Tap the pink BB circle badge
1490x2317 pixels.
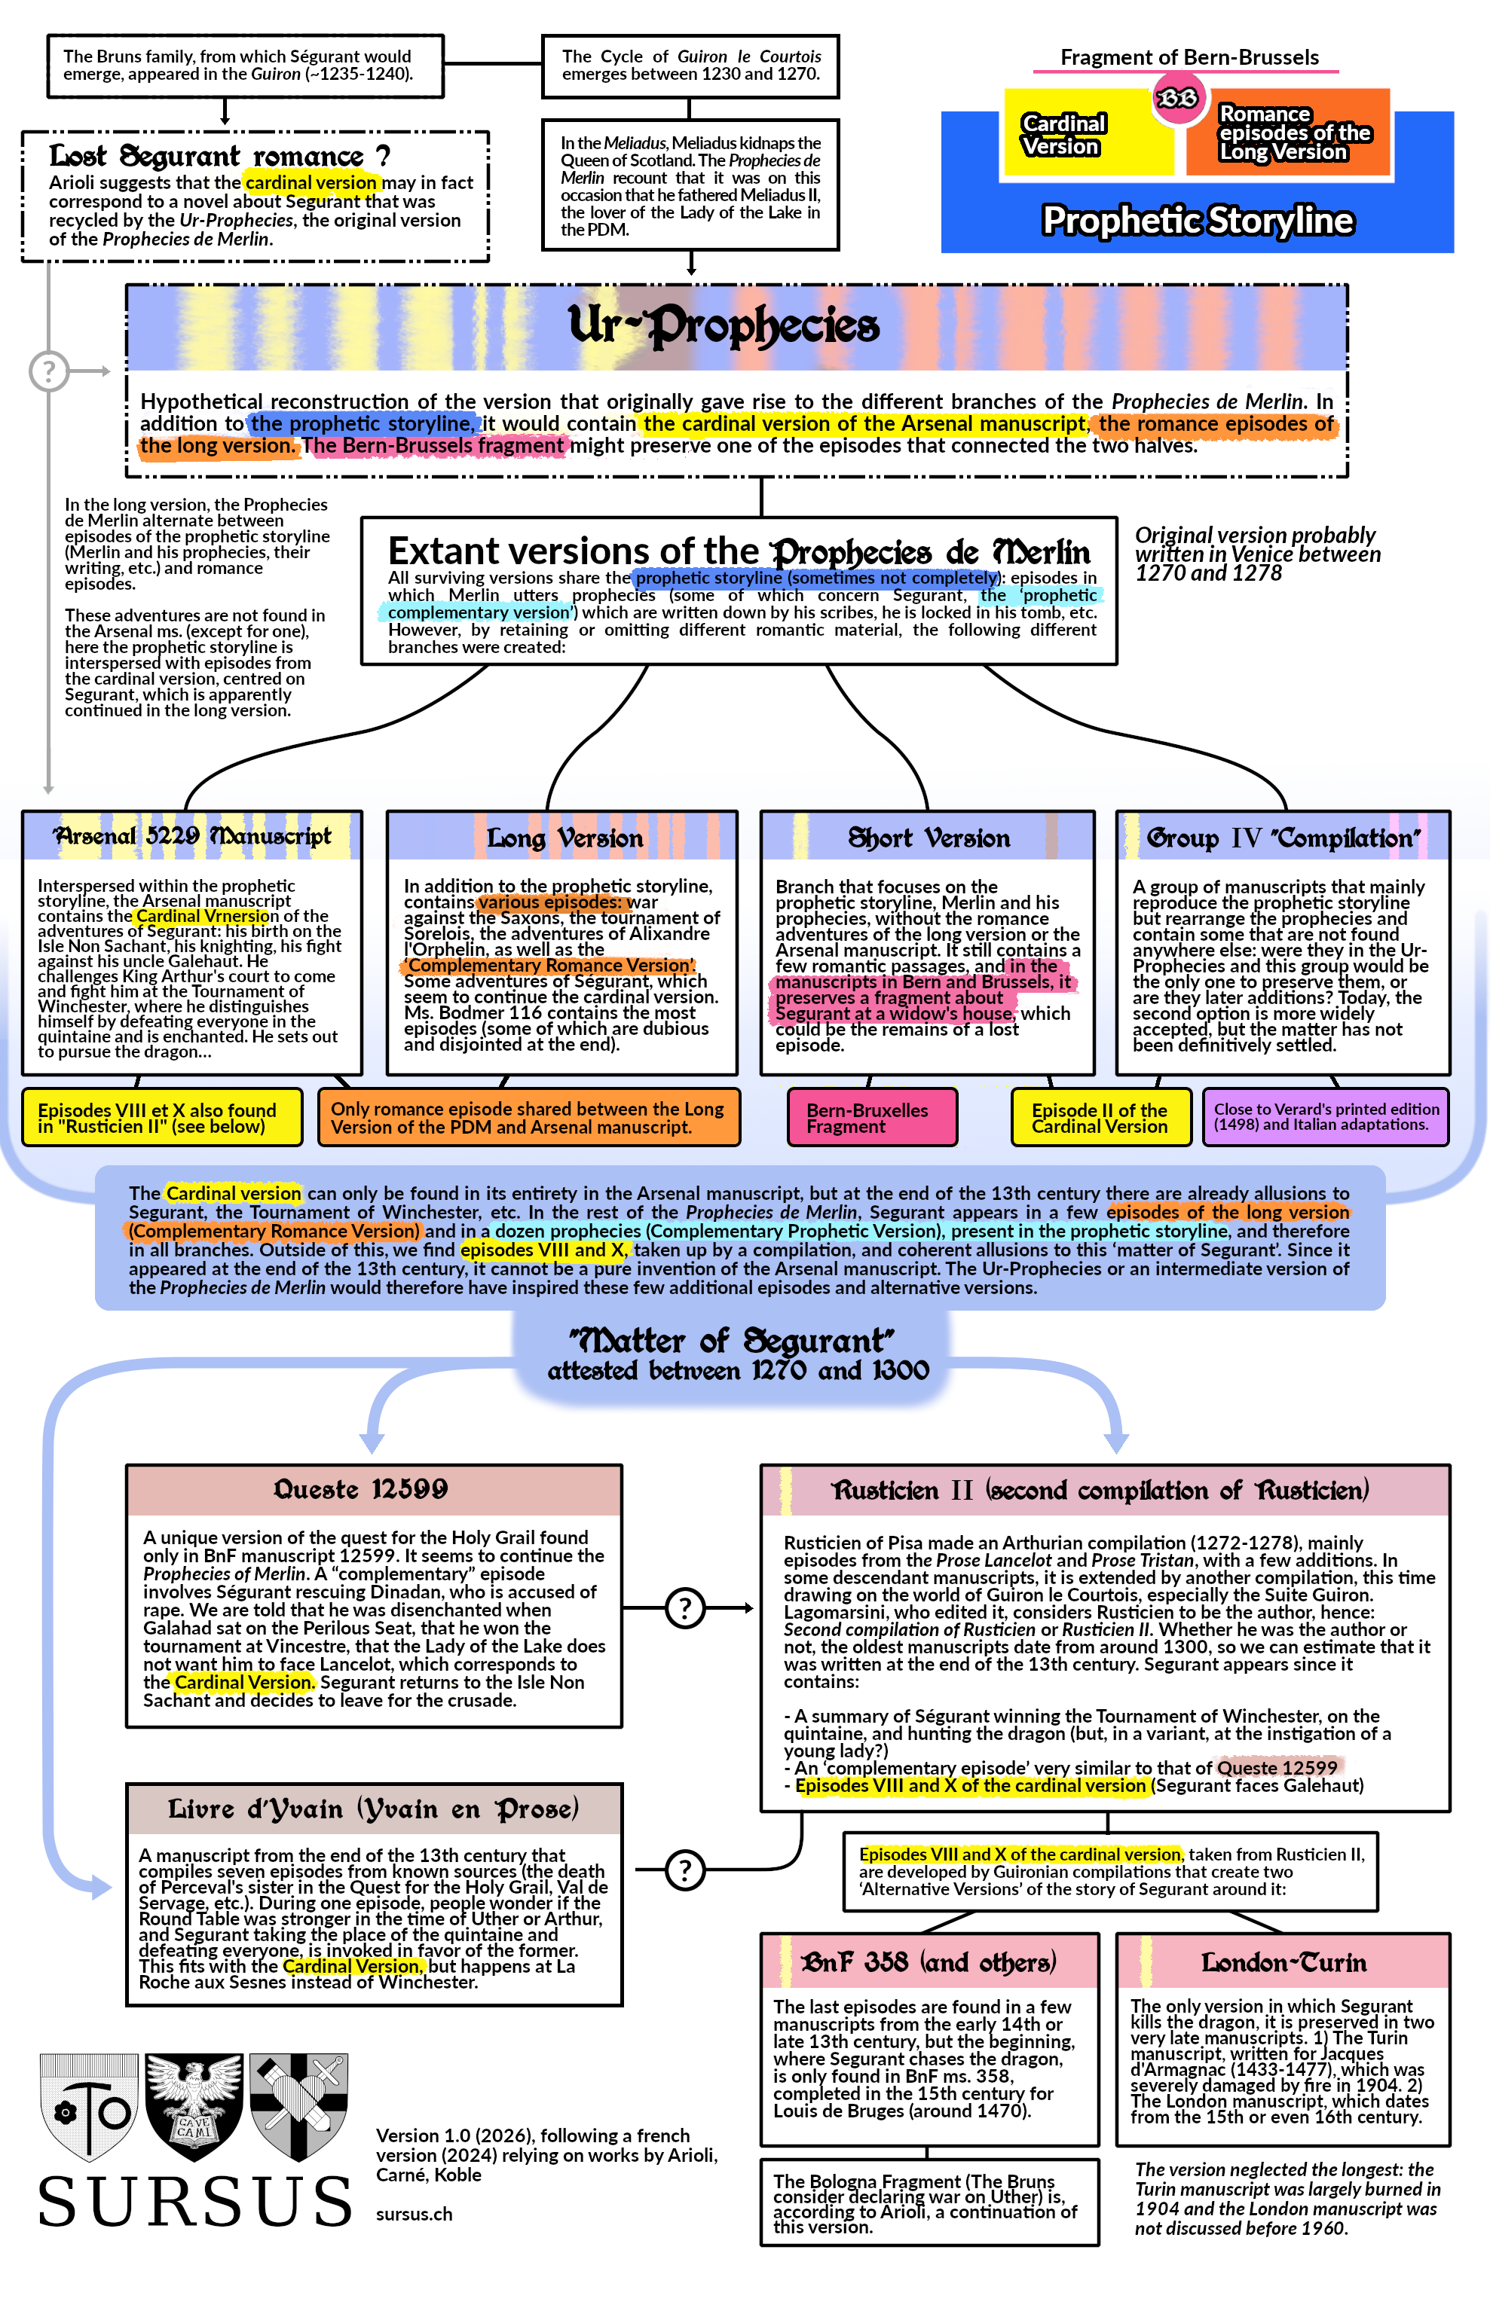coord(1176,99)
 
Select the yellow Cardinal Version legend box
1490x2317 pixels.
coord(1064,136)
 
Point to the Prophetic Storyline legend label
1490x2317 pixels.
coord(1197,221)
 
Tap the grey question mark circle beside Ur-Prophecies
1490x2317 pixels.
coord(48,371)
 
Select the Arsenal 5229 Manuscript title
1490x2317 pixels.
coord(191,836)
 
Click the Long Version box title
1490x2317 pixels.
coord(564,838)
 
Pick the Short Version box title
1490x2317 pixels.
coord(929,838)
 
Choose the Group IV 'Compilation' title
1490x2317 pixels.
coord(1283,838)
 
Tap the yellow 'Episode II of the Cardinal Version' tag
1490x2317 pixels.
coord(1100,1118)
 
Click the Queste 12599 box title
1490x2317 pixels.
coord(361,1489)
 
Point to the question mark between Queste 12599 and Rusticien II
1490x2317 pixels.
coord(685,1608)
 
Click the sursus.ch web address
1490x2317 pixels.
coord(414,2214)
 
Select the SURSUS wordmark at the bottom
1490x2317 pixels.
coord(194,2202)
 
